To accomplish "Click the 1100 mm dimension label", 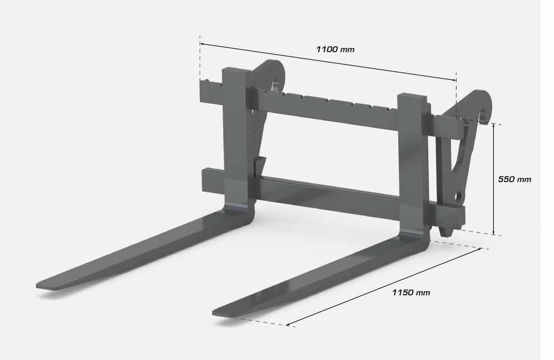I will click(x=335, y=49).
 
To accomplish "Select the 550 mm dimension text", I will click(x=514, y=179).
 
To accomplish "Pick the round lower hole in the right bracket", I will click(x=459, y=196).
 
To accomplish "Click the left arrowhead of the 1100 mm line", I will click(x=202, y=43).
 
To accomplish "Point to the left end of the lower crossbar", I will click(x=206, y=178).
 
